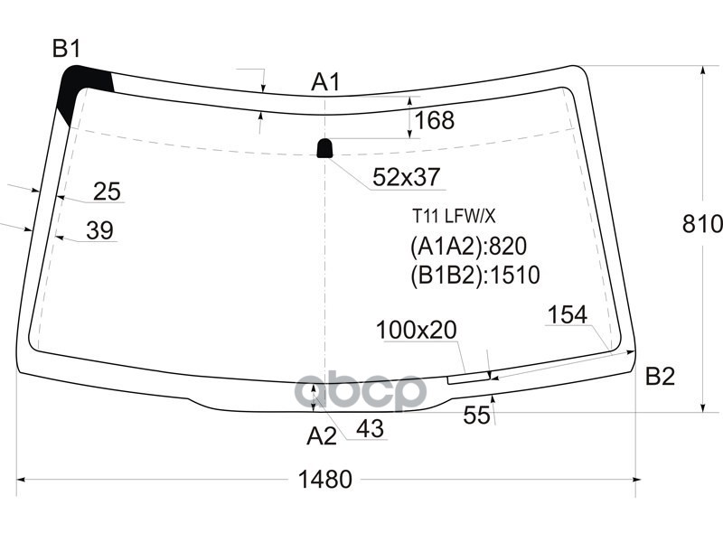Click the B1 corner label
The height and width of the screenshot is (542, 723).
pyautogui.click(x=66, y=50)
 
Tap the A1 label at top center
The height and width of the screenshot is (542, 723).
pyautogui.click(x=325, y=82)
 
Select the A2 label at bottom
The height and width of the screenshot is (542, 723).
pyautogui.click(x=321, y=437)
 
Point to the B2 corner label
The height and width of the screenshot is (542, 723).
pyautogui.click(x=660, y=377)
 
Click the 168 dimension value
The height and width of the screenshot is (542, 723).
pyautogui.click(x=434, y=120)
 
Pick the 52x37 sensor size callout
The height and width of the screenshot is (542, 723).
pyautogui.click(x=407, y=179)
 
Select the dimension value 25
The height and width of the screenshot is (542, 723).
pyautogui.click(x=107, y=192)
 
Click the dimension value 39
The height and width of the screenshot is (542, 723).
pyautogui.click(x=99, y=231)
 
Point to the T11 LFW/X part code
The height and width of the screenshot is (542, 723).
pyautogui.click(x=455, y=216)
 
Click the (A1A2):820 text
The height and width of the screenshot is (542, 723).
pyautogui.click(x=468, y=247)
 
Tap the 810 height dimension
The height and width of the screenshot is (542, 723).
pyautogui.click(x=703, y=224)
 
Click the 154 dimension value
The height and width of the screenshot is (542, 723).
pyautogui.click(x=568, y=314)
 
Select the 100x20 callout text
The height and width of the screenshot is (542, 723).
pyautogui.click(x=417, y=331)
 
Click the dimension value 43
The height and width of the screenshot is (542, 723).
pyautogui.click(x=371, y=428)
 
